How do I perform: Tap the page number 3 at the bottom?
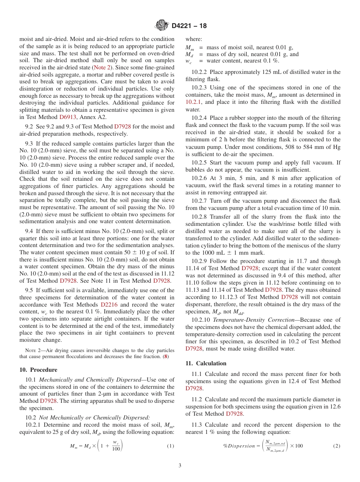tap(180, 465)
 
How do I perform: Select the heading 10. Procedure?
tap(38, 370)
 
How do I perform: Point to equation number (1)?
tap(171, 446)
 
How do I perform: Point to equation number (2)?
tap(337, 446)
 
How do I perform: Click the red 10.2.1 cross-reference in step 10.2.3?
tap(194, 102)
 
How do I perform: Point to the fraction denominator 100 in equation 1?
tap(117, 449)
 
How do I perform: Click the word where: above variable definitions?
tap(194, 39)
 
